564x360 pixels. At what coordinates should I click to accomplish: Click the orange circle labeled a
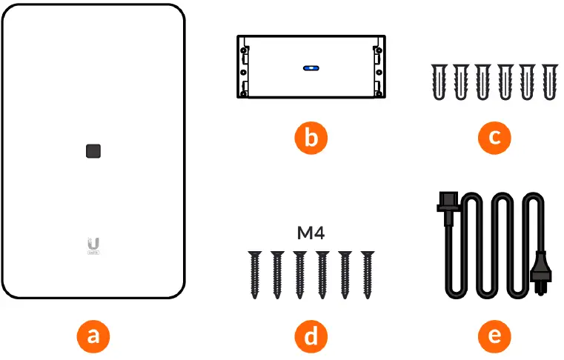tap(93, 336)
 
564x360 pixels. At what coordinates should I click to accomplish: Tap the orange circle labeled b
tap(311, 139)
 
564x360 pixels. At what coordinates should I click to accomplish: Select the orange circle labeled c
tap(494, 139)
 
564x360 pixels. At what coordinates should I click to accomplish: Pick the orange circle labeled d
tap(311, 336)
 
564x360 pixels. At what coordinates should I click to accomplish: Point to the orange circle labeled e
tap(494, 336)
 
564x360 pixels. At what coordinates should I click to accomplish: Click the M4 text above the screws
tap(311, 234)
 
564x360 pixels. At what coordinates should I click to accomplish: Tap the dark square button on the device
tap(93, 151)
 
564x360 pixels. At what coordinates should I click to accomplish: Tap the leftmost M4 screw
tap(254, 273)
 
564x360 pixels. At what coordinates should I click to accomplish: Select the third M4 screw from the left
tap(300, 273)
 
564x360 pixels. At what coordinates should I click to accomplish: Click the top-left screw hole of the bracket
tap(244, 51)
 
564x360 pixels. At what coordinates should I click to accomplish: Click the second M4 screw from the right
tap(345, 273)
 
